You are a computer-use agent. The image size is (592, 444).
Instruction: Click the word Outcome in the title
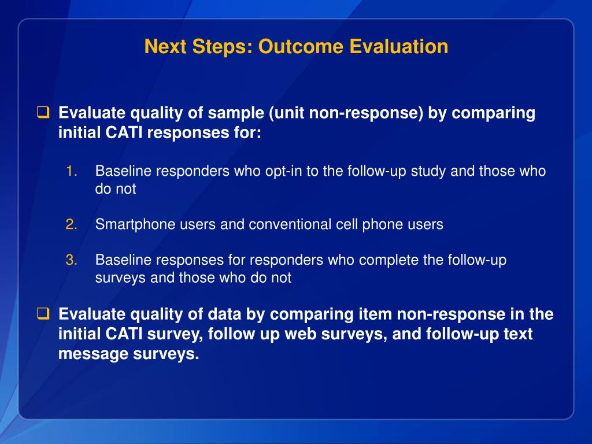301,46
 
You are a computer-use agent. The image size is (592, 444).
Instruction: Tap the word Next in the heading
165,46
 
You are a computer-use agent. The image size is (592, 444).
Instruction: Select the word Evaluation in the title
399,46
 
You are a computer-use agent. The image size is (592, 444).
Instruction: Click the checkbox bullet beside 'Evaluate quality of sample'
43,113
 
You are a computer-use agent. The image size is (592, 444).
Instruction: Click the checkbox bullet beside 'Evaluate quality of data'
43,314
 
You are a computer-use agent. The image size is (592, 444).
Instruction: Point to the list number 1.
71,171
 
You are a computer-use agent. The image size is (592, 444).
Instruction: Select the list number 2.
71,224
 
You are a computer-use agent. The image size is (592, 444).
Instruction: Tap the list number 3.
71,260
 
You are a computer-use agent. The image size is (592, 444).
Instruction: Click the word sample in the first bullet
236,113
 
